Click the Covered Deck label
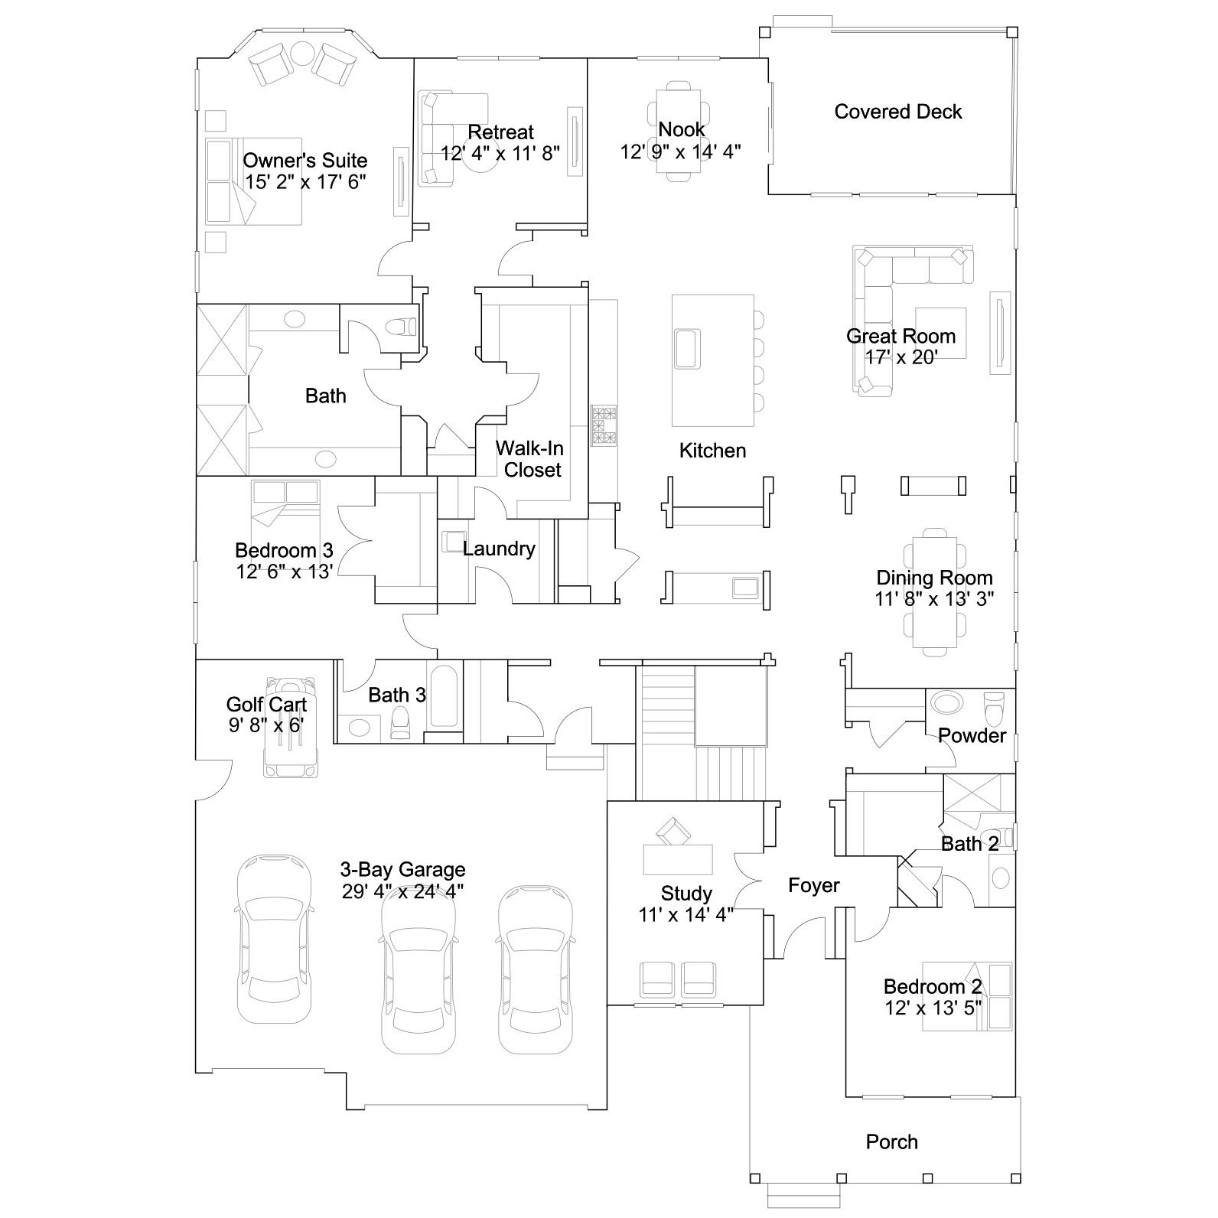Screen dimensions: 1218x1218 (x=898, y=112)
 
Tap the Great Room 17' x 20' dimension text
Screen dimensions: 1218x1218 (x=901, y=357)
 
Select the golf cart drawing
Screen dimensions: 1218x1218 (x=290, y=727)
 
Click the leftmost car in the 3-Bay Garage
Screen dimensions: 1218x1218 (x=274, y=940)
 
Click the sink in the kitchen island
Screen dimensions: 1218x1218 (x=687, y=350)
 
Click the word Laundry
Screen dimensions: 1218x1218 (x=499, y=549)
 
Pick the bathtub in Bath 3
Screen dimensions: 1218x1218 (x=445, y=696)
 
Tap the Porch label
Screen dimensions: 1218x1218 (x=891, y=1142)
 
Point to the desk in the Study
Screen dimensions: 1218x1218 (x=678, y=858)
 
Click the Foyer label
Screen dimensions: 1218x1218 (x=814, y=886)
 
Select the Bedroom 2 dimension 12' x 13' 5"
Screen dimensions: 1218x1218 (x=933, y=1008)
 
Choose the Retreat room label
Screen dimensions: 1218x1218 (x=501, y=132)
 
